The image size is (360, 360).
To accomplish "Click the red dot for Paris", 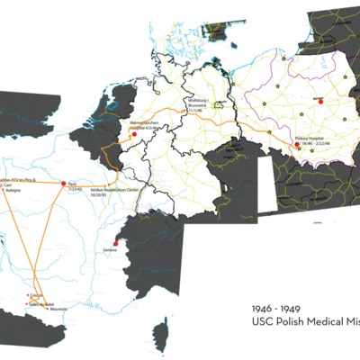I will click(64, 184).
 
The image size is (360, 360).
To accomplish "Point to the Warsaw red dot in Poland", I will click(317, 97).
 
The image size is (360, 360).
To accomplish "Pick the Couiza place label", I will click(37, 294).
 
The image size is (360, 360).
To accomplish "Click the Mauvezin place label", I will click(59, 310).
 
